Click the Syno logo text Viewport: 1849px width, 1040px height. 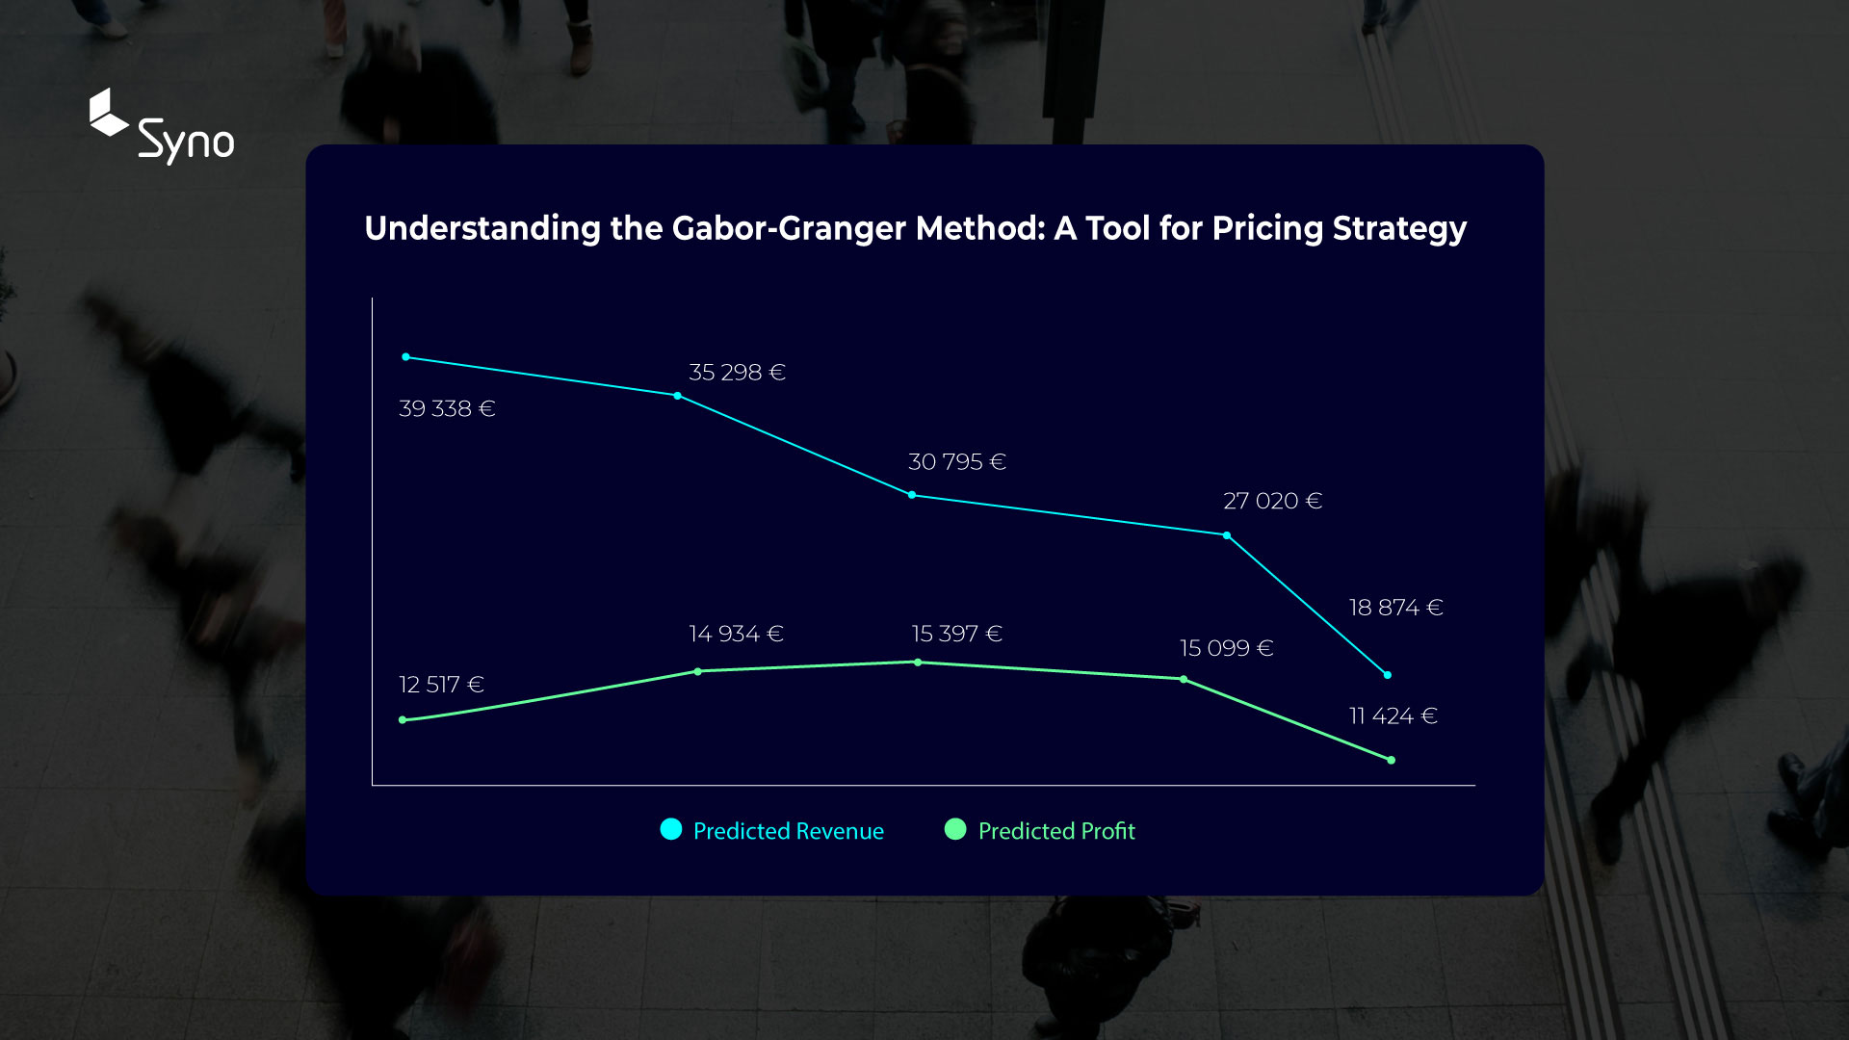click(x=186, y=142)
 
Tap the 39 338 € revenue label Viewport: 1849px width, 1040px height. click(x=447, y=408)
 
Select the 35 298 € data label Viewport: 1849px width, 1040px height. click(x=738, y=373)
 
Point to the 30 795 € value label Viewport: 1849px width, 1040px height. click(x=957, y=462)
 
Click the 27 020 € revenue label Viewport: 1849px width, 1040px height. click(x=1273, y=501)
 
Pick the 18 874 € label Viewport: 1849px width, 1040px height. click(x=1396, y=608)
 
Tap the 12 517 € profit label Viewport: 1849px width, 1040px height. click(x=442, y=685)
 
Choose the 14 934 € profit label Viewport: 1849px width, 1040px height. click(x=737, y=634)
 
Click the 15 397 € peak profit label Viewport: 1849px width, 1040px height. click(x=957, y=634)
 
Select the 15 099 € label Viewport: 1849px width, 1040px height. click(x=1227, y=648)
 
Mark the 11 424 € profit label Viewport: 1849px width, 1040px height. click(x=1393, y=716)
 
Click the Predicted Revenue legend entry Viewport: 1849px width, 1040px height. click(x=772, y=830)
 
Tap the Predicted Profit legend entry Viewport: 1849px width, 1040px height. click(x=1040, y=830)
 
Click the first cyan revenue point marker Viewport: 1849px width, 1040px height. click(x=406, y=357)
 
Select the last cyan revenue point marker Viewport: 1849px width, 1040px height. click(x=1388, y=675)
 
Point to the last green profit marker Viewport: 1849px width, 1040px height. click(x=1392, y=761)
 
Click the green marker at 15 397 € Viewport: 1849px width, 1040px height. click(x=918, y=663)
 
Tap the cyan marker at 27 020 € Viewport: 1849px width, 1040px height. click(x=1227, y=535)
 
